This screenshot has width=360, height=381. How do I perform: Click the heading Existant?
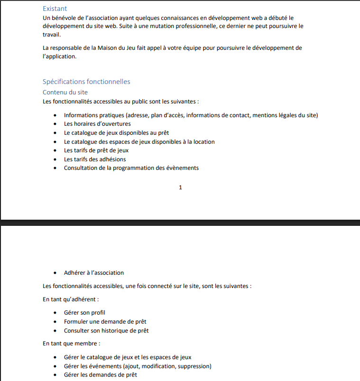click(x=55, y=9)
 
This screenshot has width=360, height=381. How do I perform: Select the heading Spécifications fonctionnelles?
click(x=86, y=82)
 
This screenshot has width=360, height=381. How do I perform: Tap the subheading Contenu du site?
click(x=65, y=92)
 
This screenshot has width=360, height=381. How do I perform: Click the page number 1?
click(x=180, y=187)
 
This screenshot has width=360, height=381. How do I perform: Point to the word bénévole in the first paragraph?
click(x=62, y=18)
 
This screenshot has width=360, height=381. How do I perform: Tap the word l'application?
click(x=59, y=56)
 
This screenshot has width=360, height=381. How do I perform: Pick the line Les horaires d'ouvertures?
click(x=97, y=124)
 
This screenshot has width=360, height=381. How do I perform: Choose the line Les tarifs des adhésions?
click(x=95, y=159)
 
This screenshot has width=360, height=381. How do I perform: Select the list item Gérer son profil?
click(x=84, y=313)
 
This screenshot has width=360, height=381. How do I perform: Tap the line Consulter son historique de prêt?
click(x=106, y=330)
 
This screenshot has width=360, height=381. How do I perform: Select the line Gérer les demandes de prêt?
click(x=100, y=375)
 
